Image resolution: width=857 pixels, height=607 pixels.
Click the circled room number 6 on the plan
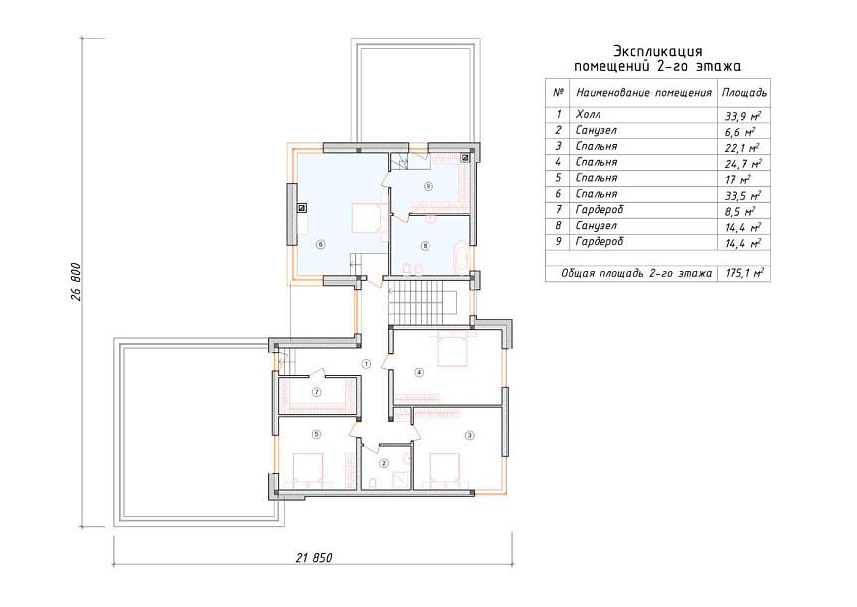[321, 245]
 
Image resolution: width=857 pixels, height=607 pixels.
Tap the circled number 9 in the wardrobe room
[428, 186]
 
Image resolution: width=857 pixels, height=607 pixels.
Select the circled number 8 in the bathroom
[426, 246]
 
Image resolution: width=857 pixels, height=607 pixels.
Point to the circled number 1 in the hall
[366, 363]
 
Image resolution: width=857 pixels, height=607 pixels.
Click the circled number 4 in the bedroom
[419, 373]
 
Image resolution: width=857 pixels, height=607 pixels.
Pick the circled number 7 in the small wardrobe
[316, 392]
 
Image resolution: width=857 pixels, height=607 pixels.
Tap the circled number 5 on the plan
[316, 435]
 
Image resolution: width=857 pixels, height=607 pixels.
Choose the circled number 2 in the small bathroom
[384, 463]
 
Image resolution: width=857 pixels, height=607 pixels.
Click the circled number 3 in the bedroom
[469, 435]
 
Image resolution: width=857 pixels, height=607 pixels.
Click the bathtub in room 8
[460, 256]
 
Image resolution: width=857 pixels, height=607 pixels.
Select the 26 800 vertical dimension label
[76, 282]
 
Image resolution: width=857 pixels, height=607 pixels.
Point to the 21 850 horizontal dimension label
[314, 558]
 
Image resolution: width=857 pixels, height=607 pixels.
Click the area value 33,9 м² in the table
[743, 116]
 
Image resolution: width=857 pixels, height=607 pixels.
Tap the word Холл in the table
[589, 114]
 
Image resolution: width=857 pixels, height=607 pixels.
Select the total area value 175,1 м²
[744, 273]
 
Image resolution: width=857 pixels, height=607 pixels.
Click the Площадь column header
[744, 92]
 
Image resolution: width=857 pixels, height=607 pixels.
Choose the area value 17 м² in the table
[738, 179]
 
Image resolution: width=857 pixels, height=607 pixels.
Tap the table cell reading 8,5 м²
[740, 211]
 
